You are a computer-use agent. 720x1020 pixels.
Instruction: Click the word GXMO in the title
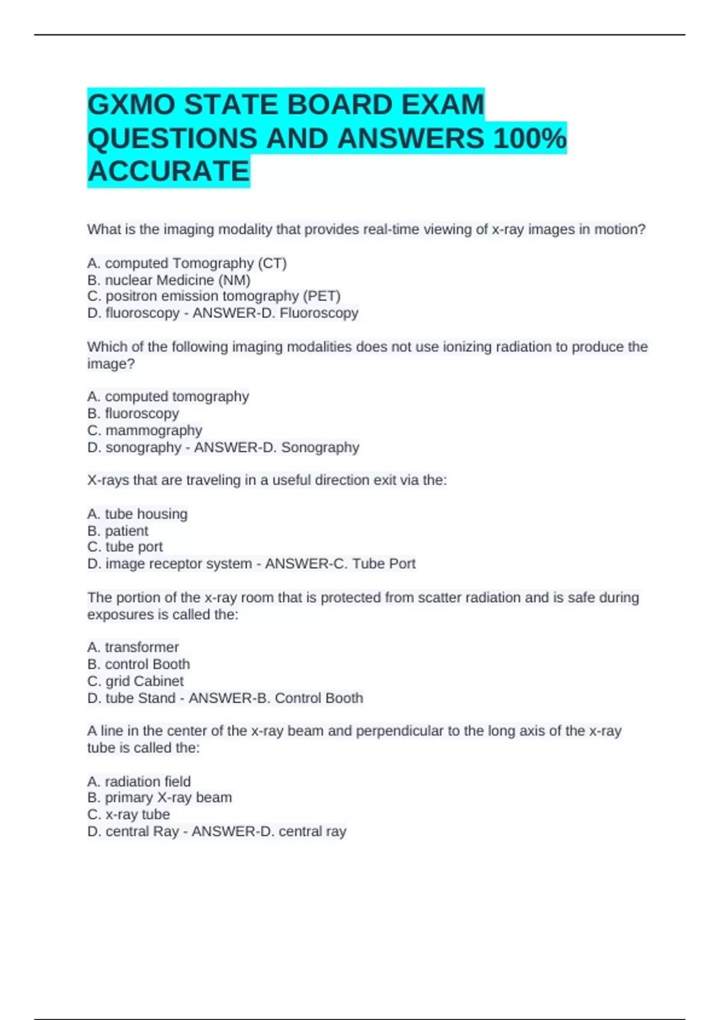click(x=131, y=106)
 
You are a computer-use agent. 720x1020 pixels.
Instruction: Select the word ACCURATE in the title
click(x=169, y=172)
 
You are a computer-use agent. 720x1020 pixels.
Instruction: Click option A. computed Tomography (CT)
click(x=187, y=263)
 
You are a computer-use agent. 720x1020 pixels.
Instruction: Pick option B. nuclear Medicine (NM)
click(x=169, y=280)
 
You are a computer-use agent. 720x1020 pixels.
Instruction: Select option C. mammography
click(x=145, y=431)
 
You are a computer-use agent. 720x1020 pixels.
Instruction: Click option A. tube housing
click(x=137, y=514)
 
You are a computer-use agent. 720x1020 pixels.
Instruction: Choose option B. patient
click(x=118, y=531)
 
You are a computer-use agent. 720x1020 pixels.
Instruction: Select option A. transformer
click(x=133, y=647)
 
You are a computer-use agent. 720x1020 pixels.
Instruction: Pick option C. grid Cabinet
click(x=135, y=682)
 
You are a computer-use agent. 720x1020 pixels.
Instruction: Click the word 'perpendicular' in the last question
click(x=400, y=731)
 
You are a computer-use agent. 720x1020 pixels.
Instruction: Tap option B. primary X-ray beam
click(x=160, y=798)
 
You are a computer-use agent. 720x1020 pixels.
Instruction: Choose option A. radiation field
click(x=139, y=782)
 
